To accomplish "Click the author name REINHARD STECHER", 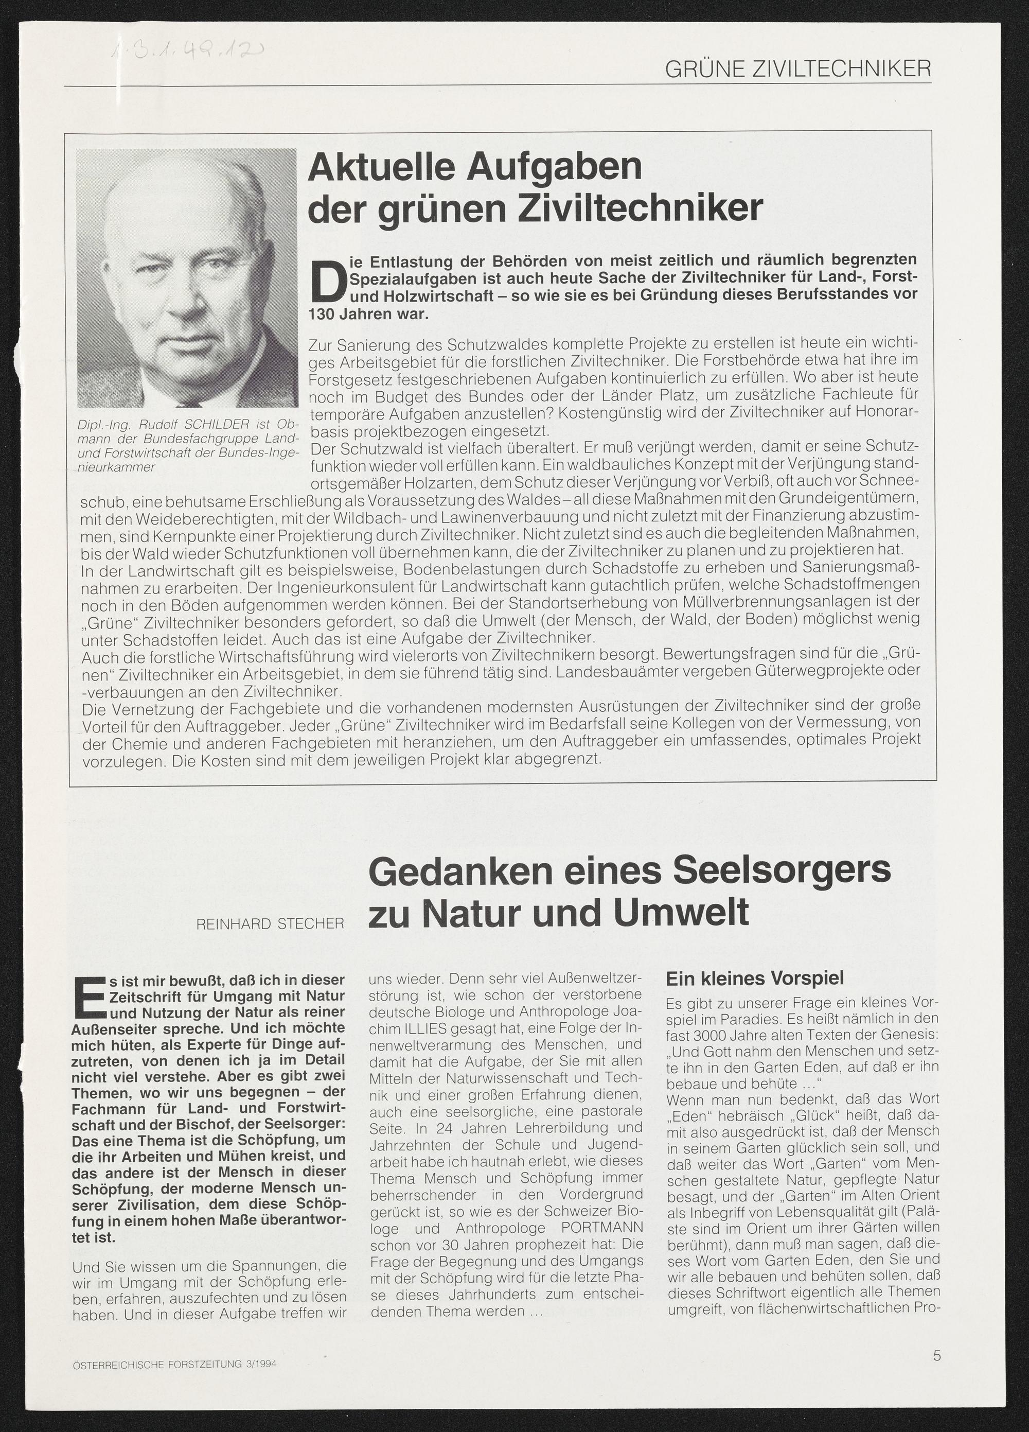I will [270, 924].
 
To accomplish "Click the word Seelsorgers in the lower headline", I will [782, 871].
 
